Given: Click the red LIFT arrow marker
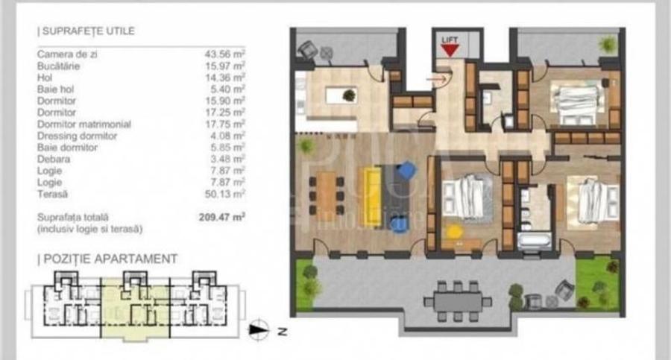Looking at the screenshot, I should coord(449,49).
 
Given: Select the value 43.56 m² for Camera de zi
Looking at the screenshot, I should coord(225,54).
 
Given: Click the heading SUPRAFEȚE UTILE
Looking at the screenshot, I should coord(87,31).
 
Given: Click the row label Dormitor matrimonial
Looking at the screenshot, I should coord(84,124).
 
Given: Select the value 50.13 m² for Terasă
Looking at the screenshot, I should coord(225,193).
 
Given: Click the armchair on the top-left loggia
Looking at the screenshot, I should coord(306,49).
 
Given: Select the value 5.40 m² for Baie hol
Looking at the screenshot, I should coord(227,89).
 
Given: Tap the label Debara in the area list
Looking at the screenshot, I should coord(53,159).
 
